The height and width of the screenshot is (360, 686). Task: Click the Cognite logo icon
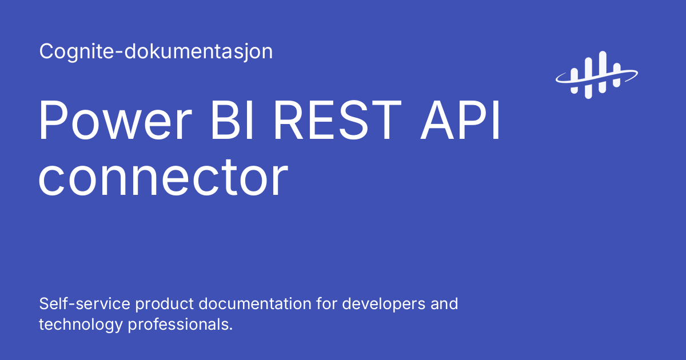click(x=596, y=73)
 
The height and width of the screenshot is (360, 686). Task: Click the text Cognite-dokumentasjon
click(x=156, y=52)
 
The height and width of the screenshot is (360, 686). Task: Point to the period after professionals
click(x=232, y=329)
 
